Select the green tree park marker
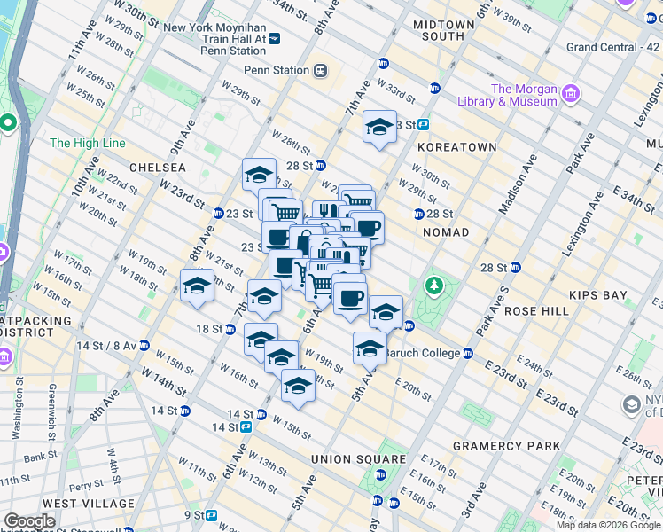(x=433, y=285)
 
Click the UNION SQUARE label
(x=358, y=459)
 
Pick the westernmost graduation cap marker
(x=197, y=286)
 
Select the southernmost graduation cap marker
(x=298, y=386)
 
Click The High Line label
(x=88, y=143)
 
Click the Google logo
(x=29, y=521)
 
